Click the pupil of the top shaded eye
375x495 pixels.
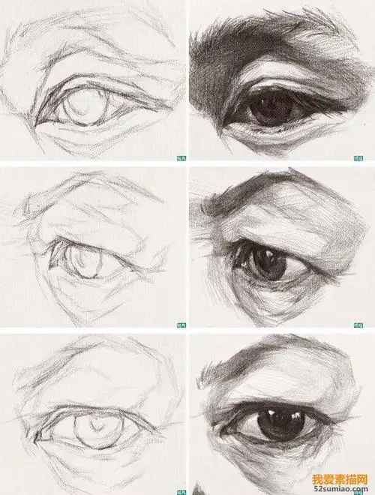[264, 110]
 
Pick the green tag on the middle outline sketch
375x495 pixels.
[180, 325]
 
